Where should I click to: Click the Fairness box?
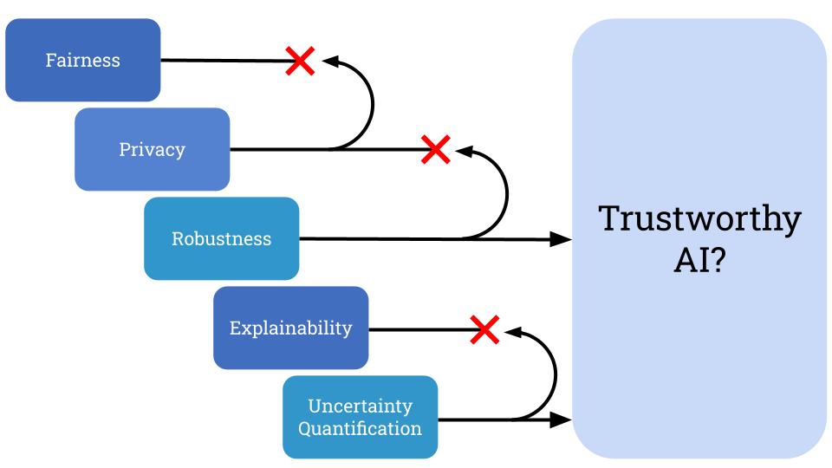click(x=82, y=60)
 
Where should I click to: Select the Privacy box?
click(x=152, y=149)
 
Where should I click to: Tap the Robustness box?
click(x=221, y=238)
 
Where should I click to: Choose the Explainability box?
click(x=290, y=328)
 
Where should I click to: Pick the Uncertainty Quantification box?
click(x=360, y=417)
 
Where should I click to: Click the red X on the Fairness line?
click(x=300, y=61)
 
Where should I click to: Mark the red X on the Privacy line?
click(x=435, y=149)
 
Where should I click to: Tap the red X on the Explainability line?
click(x=484, y=329)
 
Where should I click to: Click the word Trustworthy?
click(x=699, y=218)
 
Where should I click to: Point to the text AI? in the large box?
click(x=699, y=259)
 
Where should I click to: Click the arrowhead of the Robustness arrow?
click(x=561, y=239)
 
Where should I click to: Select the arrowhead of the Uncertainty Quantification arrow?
click(x=561, y=420)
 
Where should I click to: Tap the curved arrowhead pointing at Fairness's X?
click(x=329, y=61)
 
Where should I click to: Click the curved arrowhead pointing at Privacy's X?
click(x=463, y=151)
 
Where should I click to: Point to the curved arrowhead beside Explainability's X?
click(x=511, y=331)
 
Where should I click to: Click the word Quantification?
click(x=360, y=428)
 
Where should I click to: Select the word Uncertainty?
click(x=360, y=406)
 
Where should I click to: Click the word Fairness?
click(x=82, y=60)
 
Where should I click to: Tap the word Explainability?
click(x=290, y=328)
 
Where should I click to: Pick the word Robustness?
click(x=221, y=238)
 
